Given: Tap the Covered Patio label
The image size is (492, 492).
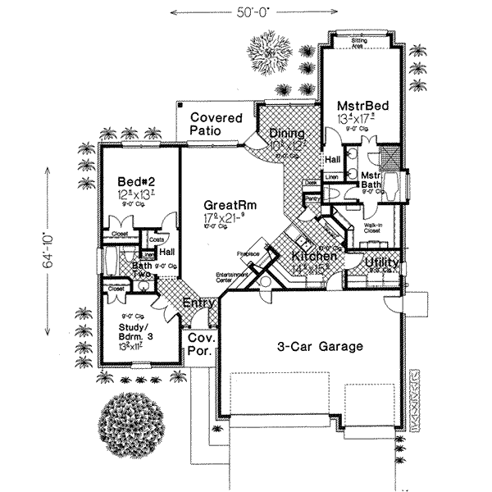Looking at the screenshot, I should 216,124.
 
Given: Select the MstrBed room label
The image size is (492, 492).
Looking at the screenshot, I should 362,107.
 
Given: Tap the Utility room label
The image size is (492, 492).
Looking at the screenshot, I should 382,263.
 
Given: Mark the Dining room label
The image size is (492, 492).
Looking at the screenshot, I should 287,134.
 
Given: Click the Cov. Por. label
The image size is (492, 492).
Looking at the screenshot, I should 201,344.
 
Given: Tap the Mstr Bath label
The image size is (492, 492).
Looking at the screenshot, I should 371,180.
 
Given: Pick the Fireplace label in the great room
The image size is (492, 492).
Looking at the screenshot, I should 248,253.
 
